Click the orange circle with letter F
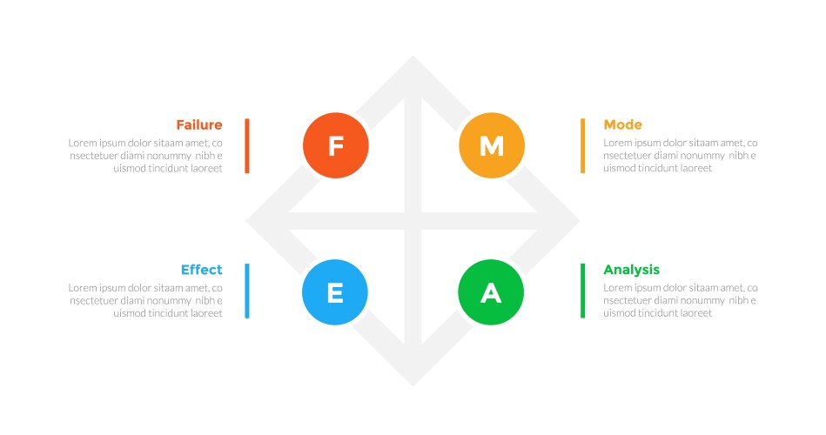tap(336, 145)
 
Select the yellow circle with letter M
tap(492, 145)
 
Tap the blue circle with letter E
tap(335, 292)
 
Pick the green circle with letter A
tap(491, 292)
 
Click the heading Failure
tap(198, 124)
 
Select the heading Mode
tap(622, 124)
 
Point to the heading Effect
tap(201, 270)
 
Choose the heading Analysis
tap(631, 270)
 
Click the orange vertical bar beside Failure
tap(247, 145)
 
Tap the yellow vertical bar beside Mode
tap(582, 145)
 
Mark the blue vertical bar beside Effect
tap(247, 291)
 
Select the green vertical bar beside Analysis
tap(582, 291)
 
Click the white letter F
tap(336, 146)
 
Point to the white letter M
tap(492, 146)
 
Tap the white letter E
tap(335, 293)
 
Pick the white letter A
tap(491, 293)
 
